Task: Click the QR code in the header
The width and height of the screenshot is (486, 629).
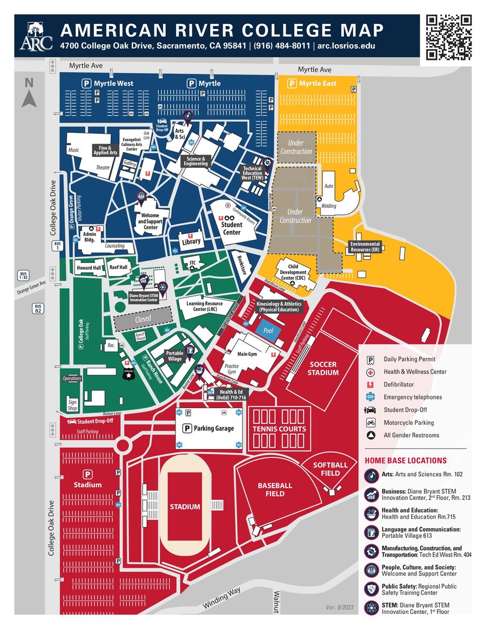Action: pos(449,37)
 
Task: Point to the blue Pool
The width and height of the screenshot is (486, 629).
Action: pos(268,330)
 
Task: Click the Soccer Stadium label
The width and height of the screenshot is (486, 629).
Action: pos(323,369)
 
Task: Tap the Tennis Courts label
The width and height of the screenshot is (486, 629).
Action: pos(279,429)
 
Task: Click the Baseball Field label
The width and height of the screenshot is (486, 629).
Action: pos(275,489)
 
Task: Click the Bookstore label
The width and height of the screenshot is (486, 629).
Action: pos(241,265)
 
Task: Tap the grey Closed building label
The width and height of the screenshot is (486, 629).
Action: pos(143,319)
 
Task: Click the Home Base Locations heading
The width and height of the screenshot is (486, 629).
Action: pos(406,461)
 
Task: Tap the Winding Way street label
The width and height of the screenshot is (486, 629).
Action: pos(221,599)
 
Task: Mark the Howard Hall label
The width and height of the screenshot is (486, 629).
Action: pos(89,267)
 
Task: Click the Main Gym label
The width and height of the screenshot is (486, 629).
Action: pos(247,354)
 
